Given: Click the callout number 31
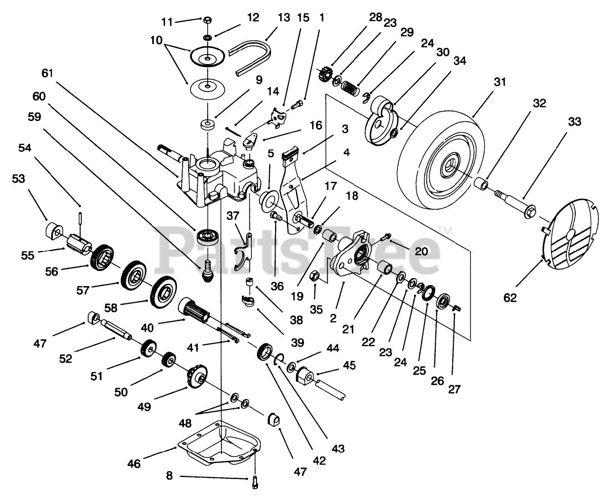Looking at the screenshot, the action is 500,82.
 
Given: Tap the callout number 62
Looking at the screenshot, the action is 510,297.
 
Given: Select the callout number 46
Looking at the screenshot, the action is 134,464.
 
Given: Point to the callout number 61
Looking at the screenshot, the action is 47,73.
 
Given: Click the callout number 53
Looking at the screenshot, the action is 18,179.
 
